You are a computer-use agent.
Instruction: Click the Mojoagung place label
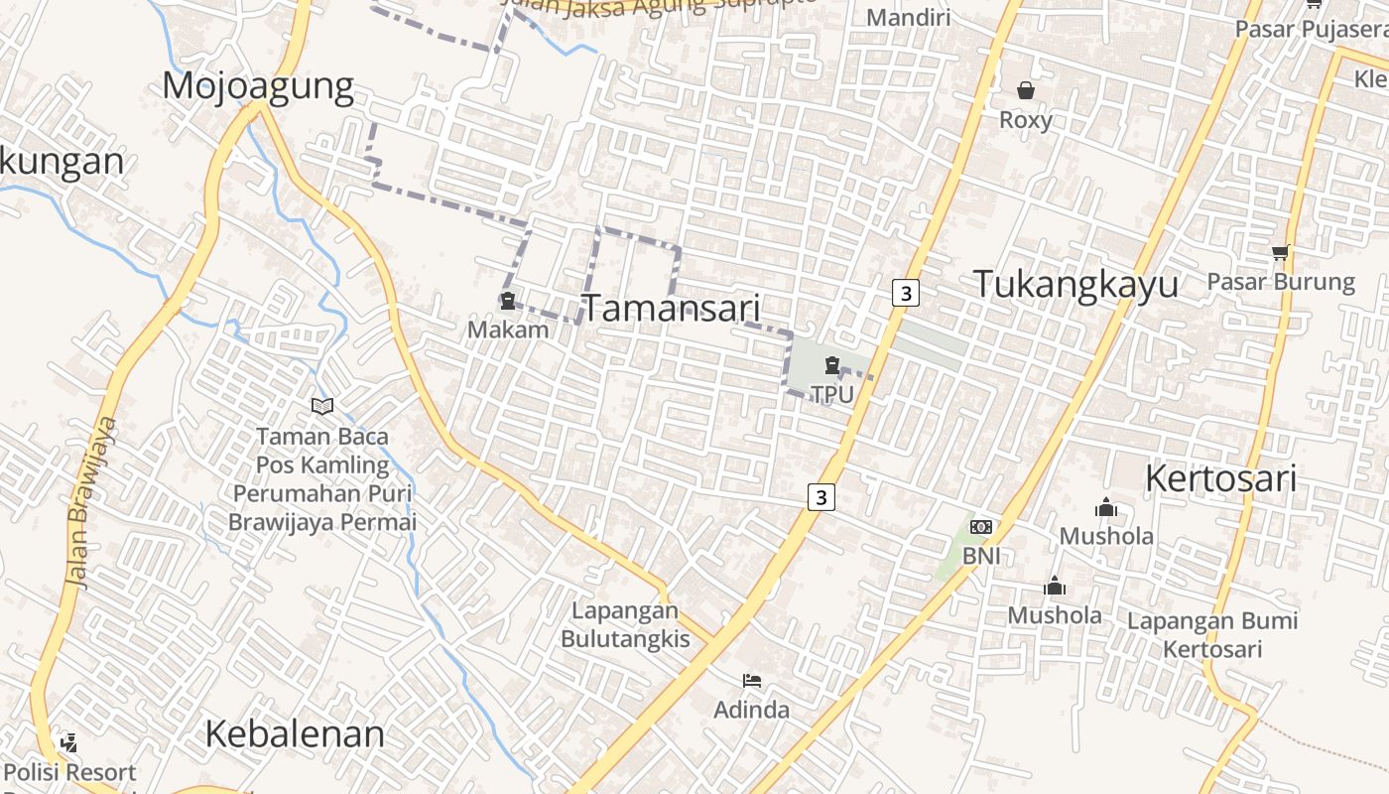[x=258, y=87]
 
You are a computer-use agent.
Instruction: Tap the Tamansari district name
[x=671, y=308]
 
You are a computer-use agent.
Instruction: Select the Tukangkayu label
[x=1075, y=284]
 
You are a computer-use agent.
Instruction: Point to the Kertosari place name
[x=1220, y=478]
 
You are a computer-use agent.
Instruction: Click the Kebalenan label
[x=295, y=734]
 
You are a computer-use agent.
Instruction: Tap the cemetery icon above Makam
[x=508, y=301]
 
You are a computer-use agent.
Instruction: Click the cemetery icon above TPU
[x=831, y=366]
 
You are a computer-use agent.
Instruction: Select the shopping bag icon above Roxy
[x=1025, y=90]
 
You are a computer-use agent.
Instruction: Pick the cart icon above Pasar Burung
[x=1280, y=252]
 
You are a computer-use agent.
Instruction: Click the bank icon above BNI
[x=981, y=527]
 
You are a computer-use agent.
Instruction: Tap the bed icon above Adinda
[x=752, y=680]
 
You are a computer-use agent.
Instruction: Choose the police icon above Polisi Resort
[x=68, y=741]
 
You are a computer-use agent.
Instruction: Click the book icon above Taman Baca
[x=321, y=406]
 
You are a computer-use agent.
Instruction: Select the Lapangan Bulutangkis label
[x=625, y=624]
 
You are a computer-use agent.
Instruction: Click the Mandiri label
[x=908, y=17]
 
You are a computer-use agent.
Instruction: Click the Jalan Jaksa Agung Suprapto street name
[x=665, y=8]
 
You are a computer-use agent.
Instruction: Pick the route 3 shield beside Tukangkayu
[x=905, y=293]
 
